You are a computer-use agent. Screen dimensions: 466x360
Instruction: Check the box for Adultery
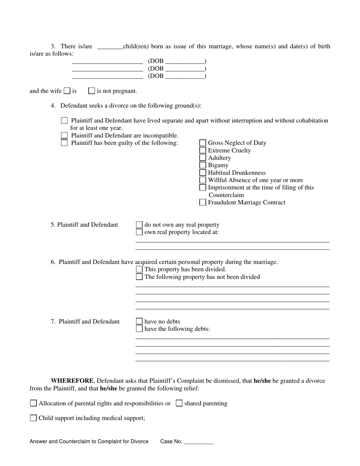[x=203, y=158]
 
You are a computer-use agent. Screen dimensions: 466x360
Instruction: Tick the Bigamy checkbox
[x=203, y=165]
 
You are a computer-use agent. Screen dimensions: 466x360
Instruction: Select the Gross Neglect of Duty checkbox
[x=203, y=143]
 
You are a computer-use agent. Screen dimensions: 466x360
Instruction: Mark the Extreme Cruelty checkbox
[x=203, y=150]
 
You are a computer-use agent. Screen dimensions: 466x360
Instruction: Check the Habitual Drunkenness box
[x=203, y=173]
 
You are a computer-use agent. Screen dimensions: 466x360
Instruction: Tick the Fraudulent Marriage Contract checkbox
[x=203, y=202]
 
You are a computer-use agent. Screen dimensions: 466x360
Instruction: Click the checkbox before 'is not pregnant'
[x=91, y=91]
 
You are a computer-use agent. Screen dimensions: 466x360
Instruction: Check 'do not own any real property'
[x=139, y=225]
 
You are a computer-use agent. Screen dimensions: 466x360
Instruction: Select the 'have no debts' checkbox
[x=139, y=321]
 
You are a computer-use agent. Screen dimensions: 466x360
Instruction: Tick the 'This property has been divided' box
[x=139, y=269]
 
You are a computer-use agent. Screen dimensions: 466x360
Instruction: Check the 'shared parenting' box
[x=179, y=403]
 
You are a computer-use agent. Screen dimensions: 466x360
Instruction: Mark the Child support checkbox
[x=33, y=418]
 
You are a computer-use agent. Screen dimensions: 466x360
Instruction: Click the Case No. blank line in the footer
[x=198, y=442]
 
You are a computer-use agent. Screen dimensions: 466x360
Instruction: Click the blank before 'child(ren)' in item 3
[x=110, y=47]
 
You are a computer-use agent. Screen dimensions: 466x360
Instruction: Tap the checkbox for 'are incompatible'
[x=64, y=135]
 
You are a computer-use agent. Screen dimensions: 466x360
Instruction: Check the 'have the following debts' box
[x=139, y=329]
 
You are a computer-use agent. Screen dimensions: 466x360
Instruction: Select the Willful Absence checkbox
[x=203, y=180]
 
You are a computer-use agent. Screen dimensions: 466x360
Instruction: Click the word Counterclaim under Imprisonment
[x=226, y=195]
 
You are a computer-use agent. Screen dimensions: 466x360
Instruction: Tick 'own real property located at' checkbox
[x=139, y=232]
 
